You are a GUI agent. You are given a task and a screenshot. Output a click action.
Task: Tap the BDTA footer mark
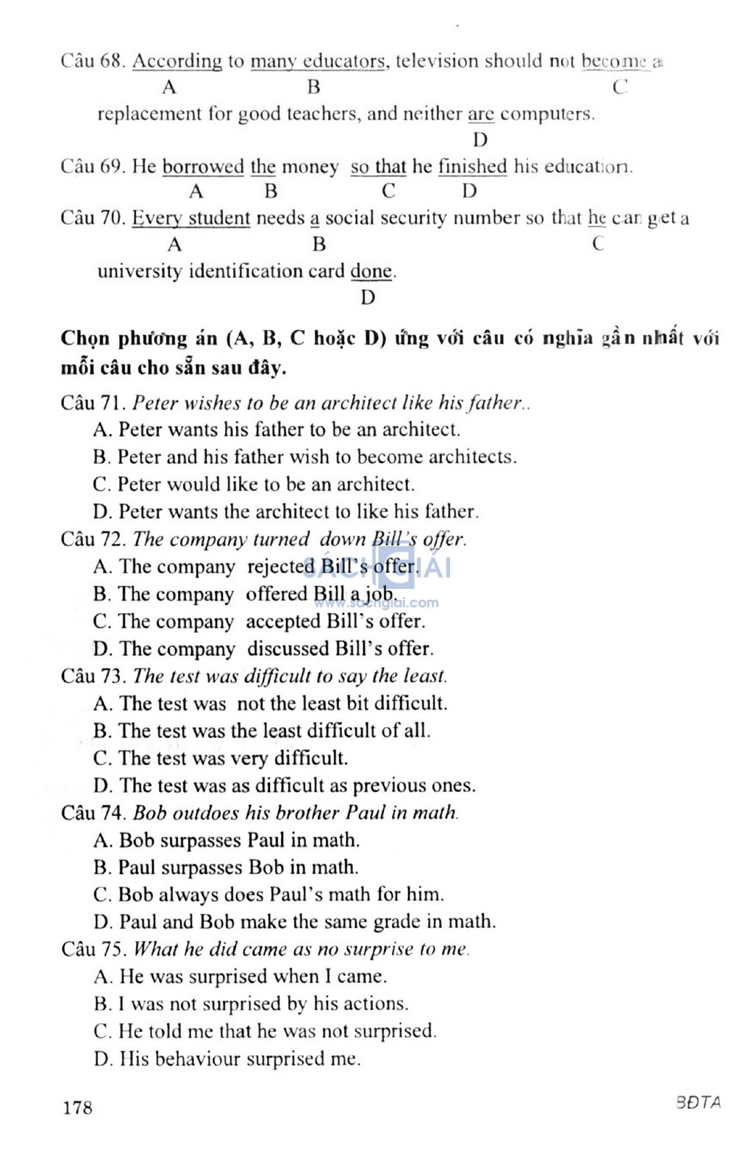(x=699, y=1103)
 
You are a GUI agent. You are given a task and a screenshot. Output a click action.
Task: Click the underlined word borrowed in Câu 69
(x=202, y=167)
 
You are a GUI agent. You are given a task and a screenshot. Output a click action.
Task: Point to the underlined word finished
(x=472, y=167)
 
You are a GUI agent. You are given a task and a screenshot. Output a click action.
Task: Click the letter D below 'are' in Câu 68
(x=480, y=140)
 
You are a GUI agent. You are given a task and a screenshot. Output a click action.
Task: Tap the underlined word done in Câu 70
(x=371, y=271)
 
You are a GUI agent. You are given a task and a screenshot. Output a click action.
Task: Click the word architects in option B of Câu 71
(x=471, y=457)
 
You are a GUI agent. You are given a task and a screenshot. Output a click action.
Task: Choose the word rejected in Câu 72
(x=280, y=567)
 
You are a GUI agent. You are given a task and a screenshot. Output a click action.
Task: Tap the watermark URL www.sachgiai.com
(x=376, y=604)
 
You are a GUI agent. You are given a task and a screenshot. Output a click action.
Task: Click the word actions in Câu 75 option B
(x=374, y=1004)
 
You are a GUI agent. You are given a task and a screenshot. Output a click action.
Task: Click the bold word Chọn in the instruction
(x=85, y=339)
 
